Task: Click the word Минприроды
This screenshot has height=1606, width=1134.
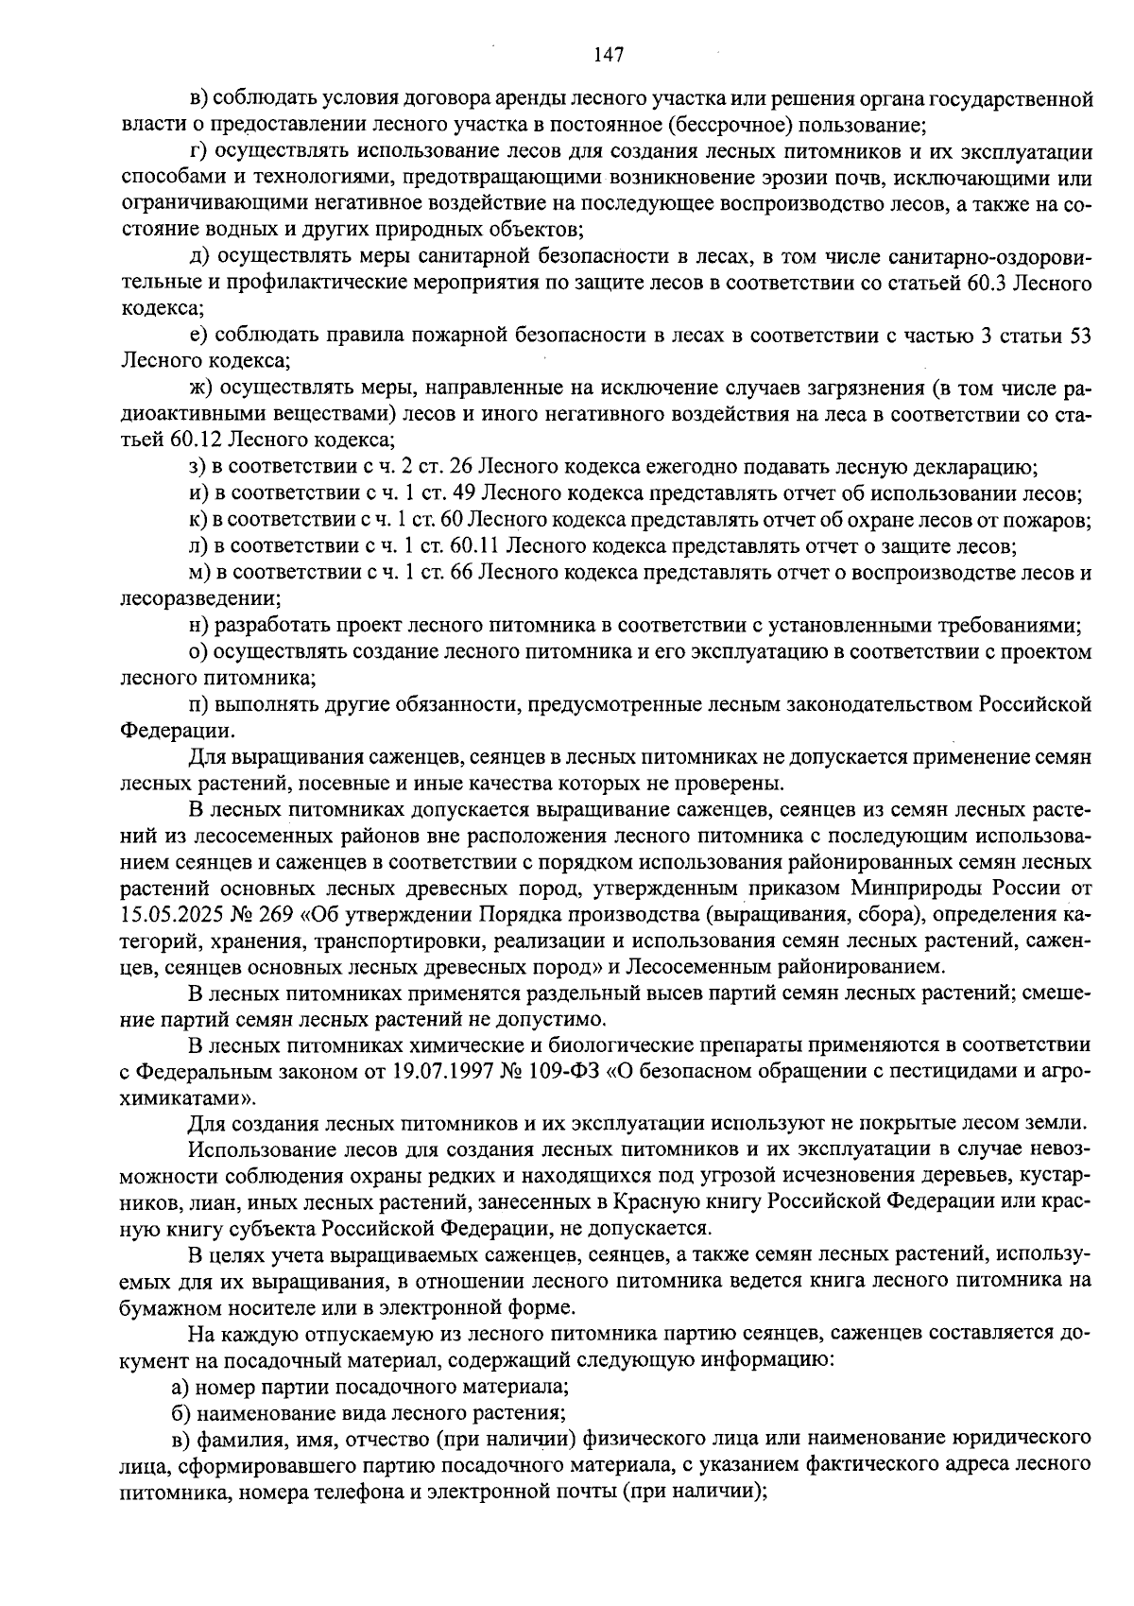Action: (911, 889)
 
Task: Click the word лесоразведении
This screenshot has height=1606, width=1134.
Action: (199, 599)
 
